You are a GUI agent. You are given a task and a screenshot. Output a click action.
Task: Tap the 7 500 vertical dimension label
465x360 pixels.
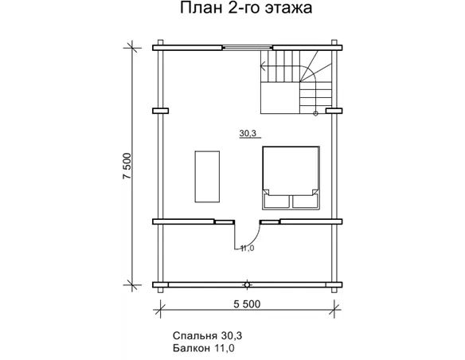[x=127, y=167]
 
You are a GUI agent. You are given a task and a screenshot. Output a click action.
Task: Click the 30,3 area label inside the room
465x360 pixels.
[x=248, y=135]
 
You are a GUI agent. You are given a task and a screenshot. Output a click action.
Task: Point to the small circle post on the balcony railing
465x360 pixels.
[x=248, y=283]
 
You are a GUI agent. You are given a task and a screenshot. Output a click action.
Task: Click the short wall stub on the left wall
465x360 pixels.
[x=160, y=110]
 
